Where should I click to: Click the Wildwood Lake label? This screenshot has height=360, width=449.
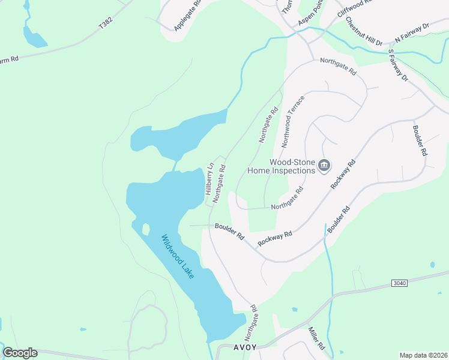pos(178,256)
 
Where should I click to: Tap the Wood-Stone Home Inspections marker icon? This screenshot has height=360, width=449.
pos(324,165)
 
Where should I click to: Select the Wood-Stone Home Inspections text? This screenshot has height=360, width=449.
pos(282,166)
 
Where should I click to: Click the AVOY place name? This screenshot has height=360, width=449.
pos(244,347)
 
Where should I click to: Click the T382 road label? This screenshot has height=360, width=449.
pos(106,25)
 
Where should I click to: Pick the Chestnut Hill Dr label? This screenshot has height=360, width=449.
pos(363,31)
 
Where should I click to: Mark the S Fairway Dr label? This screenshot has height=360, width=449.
pos(398,65)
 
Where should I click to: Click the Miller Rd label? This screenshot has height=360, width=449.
pos(316,338)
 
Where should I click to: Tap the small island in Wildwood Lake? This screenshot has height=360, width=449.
pos(145,229)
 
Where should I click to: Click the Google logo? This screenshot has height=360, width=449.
pos(20,353)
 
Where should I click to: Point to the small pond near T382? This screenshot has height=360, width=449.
pos(35,37)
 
